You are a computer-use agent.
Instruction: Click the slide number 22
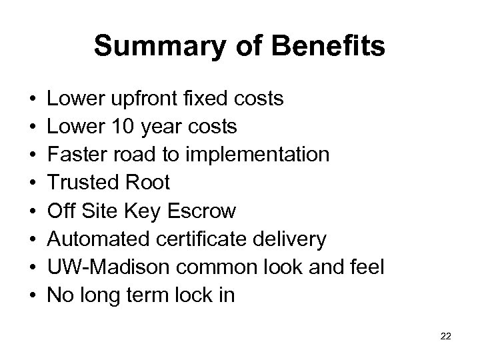coord(446,337)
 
